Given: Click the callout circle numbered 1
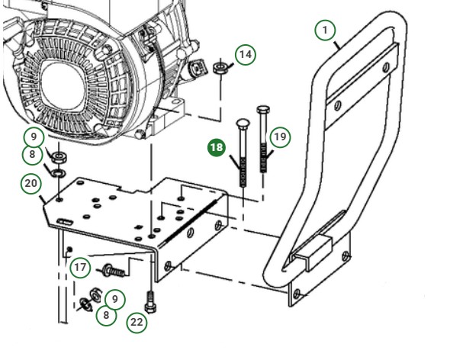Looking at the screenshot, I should click(x=326, y=30).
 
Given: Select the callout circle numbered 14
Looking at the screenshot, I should click(x=244, y=55).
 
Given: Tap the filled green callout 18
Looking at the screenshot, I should click(x=217, y=146).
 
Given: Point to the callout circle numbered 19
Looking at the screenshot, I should click(x=280, y=137).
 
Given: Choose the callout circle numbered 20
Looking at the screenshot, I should click(x=31, y=183).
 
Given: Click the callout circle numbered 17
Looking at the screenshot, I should click(x=81, y=268).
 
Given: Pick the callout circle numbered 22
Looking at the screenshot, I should click(x=136, y=322).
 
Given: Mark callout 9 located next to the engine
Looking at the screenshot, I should click(x=32, y=138).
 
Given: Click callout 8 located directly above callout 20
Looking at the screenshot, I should click(x=32, y=156).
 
